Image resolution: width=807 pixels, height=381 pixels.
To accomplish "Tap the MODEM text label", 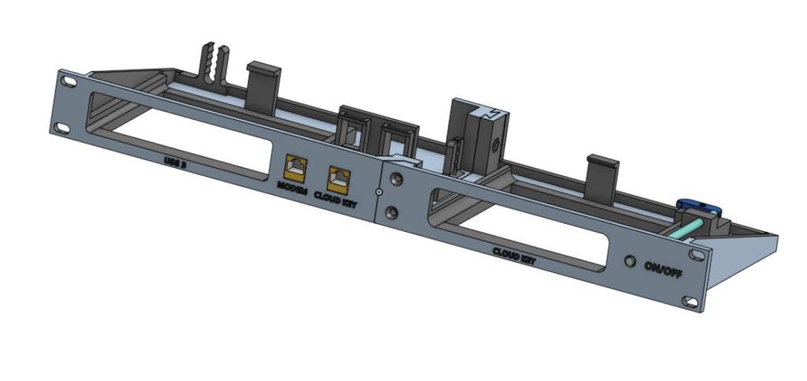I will pyautogui.click(x=292, y=188).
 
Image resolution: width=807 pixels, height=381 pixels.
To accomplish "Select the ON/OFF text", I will pyautogui.click(x=664, y=271).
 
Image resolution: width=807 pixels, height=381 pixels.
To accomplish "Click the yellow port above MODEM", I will pyautogui.click(x=296, y=167).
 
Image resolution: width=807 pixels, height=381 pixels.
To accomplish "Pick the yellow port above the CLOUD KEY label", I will pyautogui.click(x=340, y=177).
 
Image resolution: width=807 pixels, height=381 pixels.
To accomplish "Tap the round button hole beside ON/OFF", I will pyautogui.click(x=630, y=261).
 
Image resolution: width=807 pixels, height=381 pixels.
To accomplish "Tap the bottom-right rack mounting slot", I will pyautogui.click(x=690, y=301).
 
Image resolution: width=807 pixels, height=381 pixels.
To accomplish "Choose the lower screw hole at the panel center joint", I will pyautogui.click(x=392, y=211).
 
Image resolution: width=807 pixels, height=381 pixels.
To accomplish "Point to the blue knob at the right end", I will pyautogui.click(x=697, y=205).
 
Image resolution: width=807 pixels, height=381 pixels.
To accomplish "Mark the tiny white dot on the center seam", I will pyautogui.click(x=379, y=191).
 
